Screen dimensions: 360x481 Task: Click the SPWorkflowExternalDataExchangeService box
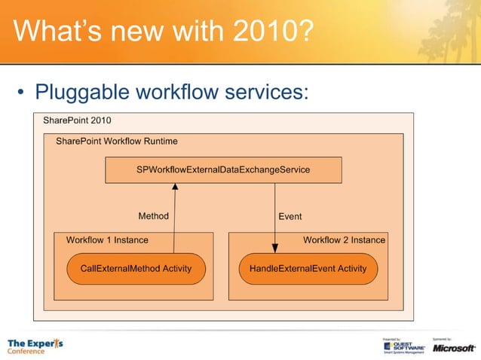click(222, 170)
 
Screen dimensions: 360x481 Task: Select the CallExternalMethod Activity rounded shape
click(136, 268)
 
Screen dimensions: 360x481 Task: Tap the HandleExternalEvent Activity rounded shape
click(303, 268)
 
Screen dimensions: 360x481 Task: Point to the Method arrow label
click(153, 216)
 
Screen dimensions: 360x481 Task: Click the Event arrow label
click(290, 216)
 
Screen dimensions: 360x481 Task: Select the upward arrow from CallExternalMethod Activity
click(174, 218)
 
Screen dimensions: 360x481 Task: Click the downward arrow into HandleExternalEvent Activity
click(274, 218)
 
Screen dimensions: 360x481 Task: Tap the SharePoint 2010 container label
click(77, 121)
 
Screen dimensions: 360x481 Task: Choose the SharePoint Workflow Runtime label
click(117, 141)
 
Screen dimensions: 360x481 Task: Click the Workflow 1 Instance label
click(107, 240)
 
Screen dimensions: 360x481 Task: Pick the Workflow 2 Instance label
click(344, 240)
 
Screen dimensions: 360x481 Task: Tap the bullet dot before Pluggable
click(23, 93)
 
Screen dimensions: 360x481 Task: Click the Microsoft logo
click(453, 347)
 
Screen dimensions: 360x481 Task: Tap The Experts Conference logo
click(35, 346)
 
